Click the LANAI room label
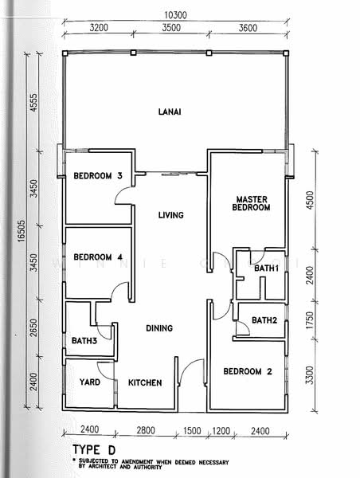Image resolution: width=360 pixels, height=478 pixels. point(169,112)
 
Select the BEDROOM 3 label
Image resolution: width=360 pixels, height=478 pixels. point(98,176)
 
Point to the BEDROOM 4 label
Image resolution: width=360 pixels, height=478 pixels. point(98,257)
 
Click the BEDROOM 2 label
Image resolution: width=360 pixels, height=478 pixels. point(247,371)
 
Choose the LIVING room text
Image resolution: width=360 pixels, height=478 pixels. point(170,215)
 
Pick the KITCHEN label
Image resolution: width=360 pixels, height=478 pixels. point(145,383)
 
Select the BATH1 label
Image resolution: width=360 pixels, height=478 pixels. point(266,269)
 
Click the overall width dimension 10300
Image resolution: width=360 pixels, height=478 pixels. point(175,15)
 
